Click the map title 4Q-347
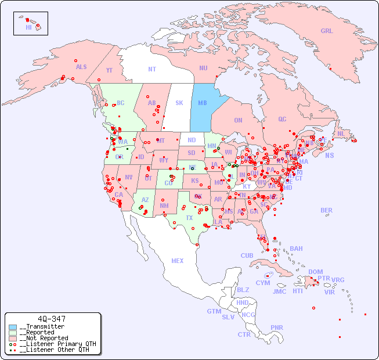pyautogui.click(x=51, y=319)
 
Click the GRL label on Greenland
pyautogui.click(x=327, y=31)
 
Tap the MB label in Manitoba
pyautogui.click(x=203, y=103)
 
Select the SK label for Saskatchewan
pyautogui.click(x=179, y=103)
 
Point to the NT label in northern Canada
pyautogui.click(x=151, y=69)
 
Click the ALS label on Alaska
pyautogui.click(x=81, y=67)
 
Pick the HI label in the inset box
pyautogui.click(x=28, y=27)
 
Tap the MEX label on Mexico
pyautogui.click(x=178, y=261)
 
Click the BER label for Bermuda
pyautogui.click(x=326, y=210)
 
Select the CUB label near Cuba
pyautogui.click(x=247, y=255)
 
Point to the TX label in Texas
pyautogui.click(x=189, y=218)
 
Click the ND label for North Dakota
pyautogui.click(x=192, y=140)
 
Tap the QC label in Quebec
pyautogui.click(x=282, y=119)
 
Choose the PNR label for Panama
pyautogui.click(x=277, y=327)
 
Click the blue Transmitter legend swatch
pyautogui.click(x=13, y=327)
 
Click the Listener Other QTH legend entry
pyautogui.click(x=52, y=350)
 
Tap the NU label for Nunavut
pyautogui.click(x=203, y=68)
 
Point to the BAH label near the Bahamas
pyautogui.click(x=296, y=249)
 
